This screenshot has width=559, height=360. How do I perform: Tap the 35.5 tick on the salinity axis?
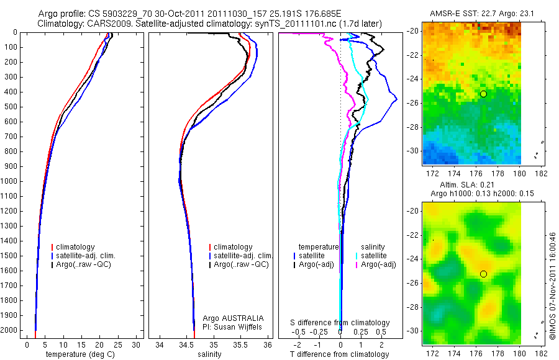click(240, 344)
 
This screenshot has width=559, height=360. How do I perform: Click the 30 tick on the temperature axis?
click(137, 344)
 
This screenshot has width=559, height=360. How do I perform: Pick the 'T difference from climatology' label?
click(340, 354)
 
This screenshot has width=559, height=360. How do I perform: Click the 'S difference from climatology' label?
click(340, 323)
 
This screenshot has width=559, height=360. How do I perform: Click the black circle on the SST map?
click(483, 94)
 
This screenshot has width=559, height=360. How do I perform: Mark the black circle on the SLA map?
click(483, 274)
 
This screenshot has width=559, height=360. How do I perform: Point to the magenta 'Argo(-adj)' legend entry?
click(378, 264)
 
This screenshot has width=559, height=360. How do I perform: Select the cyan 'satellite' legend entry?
click(373, 256)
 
